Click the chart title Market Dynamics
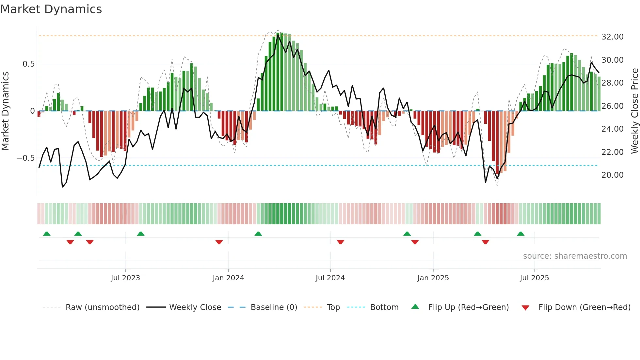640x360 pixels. click(x=51, y=9)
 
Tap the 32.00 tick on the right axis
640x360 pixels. click(x=612, y=37)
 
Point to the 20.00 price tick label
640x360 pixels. click(x=612, y=175)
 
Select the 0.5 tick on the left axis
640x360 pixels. click(x=28, y=64)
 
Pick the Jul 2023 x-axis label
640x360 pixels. click(x=125, y=278)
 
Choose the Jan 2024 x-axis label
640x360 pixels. click(x=228, y=278)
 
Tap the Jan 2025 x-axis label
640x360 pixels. click(x=433, y=278)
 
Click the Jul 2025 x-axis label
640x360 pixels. click(x=534, y=278)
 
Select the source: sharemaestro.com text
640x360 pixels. click(x=575, y=256)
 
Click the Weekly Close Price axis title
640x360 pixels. click(x=634, y=111)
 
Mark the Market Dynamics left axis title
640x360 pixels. click(x=5, y=111)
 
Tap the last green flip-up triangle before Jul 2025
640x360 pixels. click(x=520, y=234)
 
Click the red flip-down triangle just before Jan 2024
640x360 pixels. click(x=219, y=242)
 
